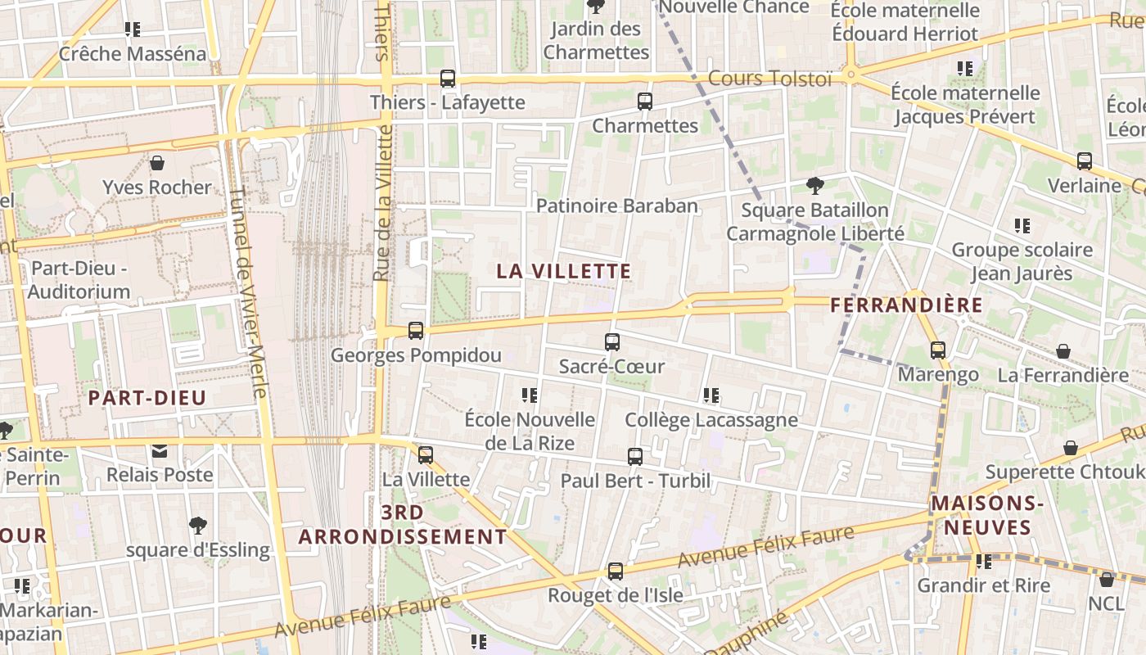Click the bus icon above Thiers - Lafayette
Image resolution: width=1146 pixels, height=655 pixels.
click(447, 79)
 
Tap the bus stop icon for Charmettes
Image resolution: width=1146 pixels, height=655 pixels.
click(645, 102)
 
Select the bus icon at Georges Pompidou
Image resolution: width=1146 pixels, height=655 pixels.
click(416, 331)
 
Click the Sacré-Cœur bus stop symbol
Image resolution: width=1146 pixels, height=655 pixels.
click(612, 342)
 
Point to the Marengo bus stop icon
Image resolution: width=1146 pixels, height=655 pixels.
click(938, 350)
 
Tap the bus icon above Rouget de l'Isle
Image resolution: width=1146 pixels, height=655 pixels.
click(616, 571)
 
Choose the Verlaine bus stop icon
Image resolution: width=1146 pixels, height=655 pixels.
click(1085, 161)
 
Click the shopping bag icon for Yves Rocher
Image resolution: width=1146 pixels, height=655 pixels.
click(157, 163)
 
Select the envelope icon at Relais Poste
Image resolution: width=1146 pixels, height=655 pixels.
click(159, 451)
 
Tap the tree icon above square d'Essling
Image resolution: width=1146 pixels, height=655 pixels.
click(197, 525)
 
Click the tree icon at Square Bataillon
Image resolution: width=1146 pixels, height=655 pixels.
click(814, 185)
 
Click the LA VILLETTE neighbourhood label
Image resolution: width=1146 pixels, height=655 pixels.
click(564, 271)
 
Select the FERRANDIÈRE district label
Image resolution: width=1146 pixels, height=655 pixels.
click(906, 305)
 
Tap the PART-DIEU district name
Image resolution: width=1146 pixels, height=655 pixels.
click(147, 399)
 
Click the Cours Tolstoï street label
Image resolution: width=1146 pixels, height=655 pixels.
click(769, 79)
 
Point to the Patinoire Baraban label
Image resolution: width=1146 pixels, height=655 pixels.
click(617, 206)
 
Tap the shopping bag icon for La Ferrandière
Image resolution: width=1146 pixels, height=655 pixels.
click(1063, 351)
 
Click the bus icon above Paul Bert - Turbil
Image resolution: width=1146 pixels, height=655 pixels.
click(635, 457)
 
